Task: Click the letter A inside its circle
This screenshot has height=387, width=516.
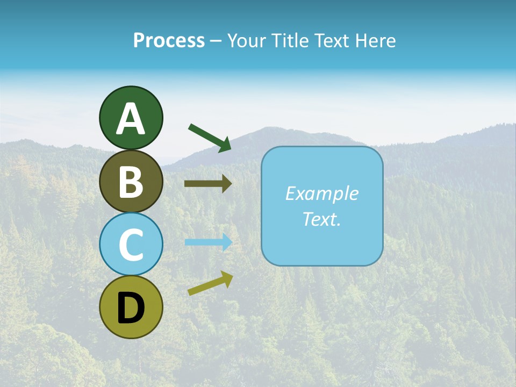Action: (131, 119)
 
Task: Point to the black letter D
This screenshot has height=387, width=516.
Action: (131, 309)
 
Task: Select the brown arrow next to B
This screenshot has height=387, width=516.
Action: (207, 184)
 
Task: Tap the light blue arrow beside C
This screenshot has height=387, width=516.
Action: (207, 242)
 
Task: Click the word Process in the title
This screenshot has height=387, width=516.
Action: (169, 41)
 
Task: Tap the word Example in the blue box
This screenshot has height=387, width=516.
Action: (321, 193)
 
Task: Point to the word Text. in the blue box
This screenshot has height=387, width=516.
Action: (321, 219)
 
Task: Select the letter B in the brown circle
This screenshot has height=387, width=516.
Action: (131, 182)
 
